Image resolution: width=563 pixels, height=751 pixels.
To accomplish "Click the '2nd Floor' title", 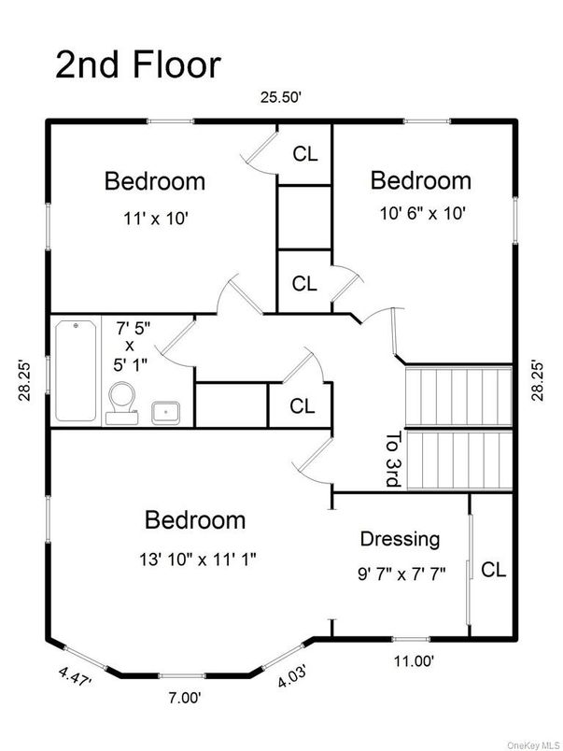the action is click(x=138, y=65).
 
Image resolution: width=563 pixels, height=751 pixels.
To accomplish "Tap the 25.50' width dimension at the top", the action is click(x=281, y=98).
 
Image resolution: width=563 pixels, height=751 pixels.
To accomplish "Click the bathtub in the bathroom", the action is click(x=76, y=371).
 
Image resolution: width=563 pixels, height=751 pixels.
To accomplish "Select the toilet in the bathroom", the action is click(x=122, y=403).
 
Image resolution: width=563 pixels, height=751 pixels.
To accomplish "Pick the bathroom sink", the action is click(x=165, y=413).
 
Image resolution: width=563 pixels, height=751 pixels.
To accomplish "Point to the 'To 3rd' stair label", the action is click(x=393, y=459).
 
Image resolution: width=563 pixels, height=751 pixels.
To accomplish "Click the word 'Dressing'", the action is click(x=400, y=540).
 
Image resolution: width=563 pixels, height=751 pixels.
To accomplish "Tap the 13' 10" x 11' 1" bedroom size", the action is click(x=198, y=560).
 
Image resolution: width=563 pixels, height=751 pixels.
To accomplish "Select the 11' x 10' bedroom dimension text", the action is click(x=155, y=219).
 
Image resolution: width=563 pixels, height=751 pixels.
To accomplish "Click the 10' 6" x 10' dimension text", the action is click(x=423, y=213).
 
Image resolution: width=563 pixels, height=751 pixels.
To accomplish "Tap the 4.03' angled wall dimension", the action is click(x=293, y=675).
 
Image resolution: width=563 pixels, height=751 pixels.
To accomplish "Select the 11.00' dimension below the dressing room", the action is click(x=414, y=661).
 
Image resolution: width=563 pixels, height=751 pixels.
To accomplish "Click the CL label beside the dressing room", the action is click(x=493, y=571).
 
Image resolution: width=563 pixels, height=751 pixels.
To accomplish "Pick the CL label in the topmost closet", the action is click(x=305, y=154).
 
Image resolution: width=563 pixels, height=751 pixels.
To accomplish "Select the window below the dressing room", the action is click(x=410, y=639).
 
